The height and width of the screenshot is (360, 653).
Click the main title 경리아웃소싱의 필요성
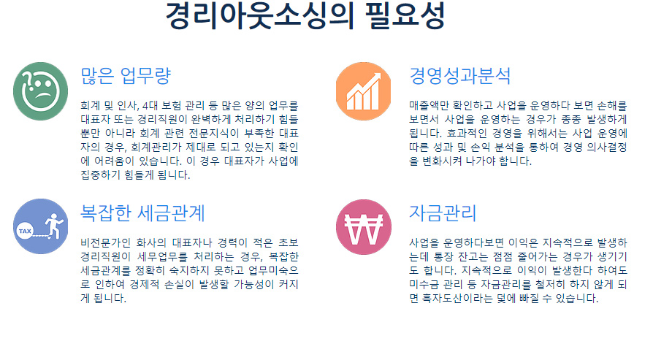pyautogui.click(x=305, y=16)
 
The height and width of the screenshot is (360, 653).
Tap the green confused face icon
pyautogui.click(x=40, y=91)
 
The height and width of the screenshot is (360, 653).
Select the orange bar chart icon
pyautogui.click(x=364, y=91)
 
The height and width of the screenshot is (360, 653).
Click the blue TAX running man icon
pyautogui.click(x=40, y=226)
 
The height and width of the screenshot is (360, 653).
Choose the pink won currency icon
pyautogui.click(x=364, y=227)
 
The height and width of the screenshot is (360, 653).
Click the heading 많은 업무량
pyautogui.click(x=126, y=76)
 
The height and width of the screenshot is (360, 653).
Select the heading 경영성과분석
pyautogui.click(x=459, y=76)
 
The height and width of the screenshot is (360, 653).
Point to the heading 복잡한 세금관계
pyautogui.click(x=142, y=212)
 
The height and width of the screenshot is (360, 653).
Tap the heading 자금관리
pyautogui.click(x=443, y=212)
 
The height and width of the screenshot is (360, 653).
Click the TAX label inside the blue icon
pyautogui.click(x=25, y=231)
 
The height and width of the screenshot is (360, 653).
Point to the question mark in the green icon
pyautogui.click(x=28, y=79)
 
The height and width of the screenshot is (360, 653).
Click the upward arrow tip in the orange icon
pyautogui.click(x=378, y=75)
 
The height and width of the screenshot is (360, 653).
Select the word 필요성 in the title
pyautogui.click(x=405, y=16)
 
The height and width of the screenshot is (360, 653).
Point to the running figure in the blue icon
pyautogui.click(x=54, y=226)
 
